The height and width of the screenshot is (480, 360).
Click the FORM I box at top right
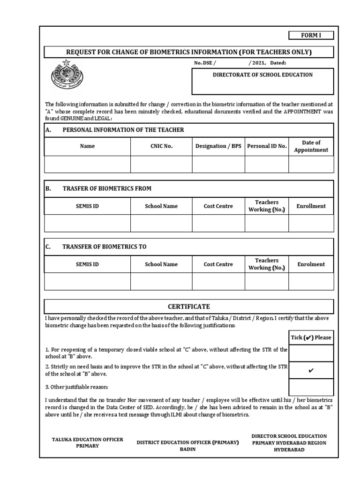point(311,36)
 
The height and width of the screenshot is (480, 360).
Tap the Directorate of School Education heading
point(262,75)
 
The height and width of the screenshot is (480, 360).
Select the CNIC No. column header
point(161,146)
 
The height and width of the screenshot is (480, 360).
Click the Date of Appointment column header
point(311,146)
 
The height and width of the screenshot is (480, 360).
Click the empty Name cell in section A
point(87,165)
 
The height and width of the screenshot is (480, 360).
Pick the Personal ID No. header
point(266,146)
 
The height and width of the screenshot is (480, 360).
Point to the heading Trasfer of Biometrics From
point(107,188)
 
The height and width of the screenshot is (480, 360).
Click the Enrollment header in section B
point(311,206)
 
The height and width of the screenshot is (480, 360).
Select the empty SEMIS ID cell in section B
point(87,224)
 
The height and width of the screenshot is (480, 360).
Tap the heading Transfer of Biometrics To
point(104,247)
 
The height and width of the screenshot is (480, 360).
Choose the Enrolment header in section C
point(311,264)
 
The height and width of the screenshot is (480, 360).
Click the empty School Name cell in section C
point(161,282)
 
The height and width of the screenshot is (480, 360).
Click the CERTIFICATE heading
point(189,307)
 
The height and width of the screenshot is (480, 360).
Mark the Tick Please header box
point(311,337)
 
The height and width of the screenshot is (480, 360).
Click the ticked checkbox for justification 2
point(311,370)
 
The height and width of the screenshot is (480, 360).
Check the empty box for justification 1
point(311,353)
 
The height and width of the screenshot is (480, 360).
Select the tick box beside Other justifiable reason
point(311,387)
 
